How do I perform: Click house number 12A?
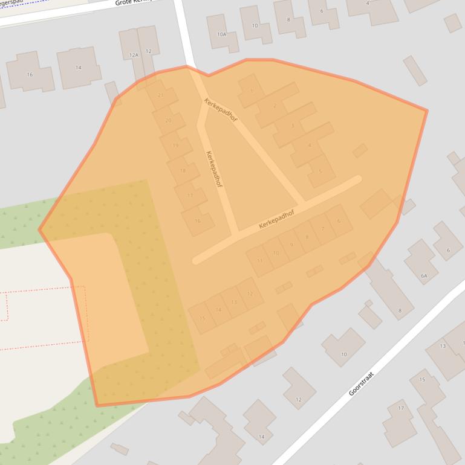pos(134,55)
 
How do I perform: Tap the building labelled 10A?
pos(222,34)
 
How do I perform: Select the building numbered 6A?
pos(424,275)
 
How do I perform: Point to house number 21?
pos(161,95)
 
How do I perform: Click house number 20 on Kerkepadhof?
pos(168,120)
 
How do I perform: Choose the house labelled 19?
pos(175,146)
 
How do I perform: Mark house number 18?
pos(183,171)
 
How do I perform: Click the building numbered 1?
pos(252,91)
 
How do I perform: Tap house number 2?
pos(275,106)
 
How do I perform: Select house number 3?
pos(293,126)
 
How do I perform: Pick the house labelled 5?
pos(320,171)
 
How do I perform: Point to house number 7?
pos(323,229)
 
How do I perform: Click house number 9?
pos(291,245)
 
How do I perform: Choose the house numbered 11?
pos(260,261)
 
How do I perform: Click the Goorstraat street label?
pos(362,384)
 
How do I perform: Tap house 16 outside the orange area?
pos(30,74)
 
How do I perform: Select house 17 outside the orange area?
pos(400,409)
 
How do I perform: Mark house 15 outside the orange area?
pos(422,379)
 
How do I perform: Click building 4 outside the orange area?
pos(367,4)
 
